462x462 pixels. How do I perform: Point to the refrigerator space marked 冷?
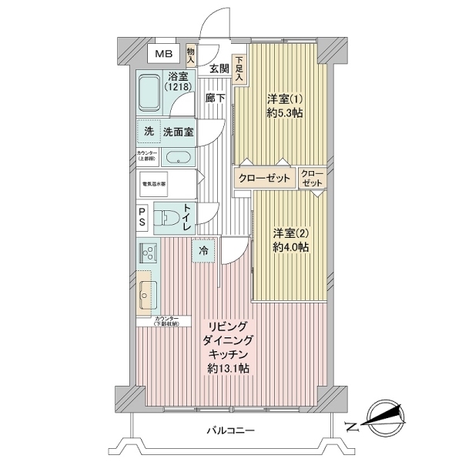[x=203, y=250]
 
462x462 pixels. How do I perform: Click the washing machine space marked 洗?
[x=149, y=131]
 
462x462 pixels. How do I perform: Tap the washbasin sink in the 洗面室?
[x=179, y=159]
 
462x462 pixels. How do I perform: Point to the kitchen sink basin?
[x=149, y=293]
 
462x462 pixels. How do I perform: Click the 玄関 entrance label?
[x=219, y=69]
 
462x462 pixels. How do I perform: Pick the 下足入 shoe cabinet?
[x=239, y=69]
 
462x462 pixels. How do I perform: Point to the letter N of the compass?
[x=350, y=426]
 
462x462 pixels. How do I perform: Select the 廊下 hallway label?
[x=215, y=98]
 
